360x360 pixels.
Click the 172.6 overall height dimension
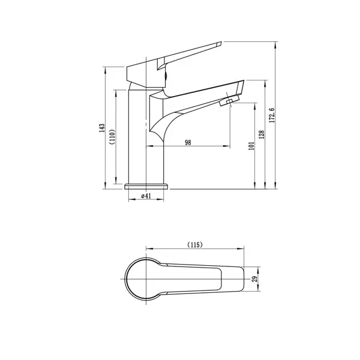tap(272, 115)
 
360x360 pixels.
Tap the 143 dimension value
tap(102, 128)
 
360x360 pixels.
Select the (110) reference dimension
tap(112, 137)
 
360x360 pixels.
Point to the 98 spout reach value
tap(188, 143)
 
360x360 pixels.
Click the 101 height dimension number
tap(251, 146)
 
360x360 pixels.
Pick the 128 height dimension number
tap(262, 135)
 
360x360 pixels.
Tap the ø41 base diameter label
tap(146, 196)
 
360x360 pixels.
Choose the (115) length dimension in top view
tap(195, 245)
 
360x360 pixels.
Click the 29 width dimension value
tap(254, 279)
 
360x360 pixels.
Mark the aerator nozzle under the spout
tap(229, 101)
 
